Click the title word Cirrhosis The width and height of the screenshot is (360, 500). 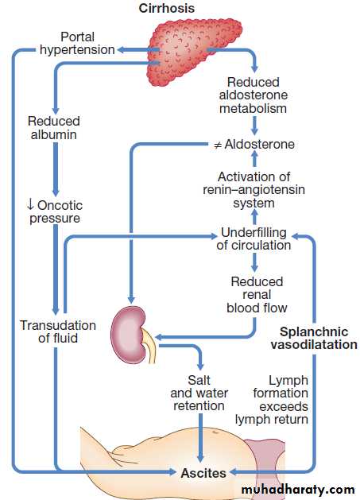click(166, 8)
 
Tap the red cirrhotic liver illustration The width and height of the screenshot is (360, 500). click(194, 51)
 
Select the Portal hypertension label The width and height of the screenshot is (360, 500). click(77, 44)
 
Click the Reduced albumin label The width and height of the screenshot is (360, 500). click(53, 127)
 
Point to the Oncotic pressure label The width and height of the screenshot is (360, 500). click(55, 211)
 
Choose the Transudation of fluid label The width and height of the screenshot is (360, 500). click(58, 331)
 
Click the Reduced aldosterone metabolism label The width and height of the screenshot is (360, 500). click(254, 95)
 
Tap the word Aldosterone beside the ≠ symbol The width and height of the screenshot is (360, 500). click(260, 144)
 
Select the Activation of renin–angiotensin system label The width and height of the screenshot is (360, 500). click(254, 190)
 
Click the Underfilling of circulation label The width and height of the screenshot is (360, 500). click(254, 238)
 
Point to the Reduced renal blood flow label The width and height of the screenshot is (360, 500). click(257, 295)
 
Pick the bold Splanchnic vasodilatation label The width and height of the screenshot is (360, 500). click(314, 338)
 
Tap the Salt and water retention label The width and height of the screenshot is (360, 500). click(199, 393)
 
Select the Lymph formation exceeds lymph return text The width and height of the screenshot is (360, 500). click(272, 400)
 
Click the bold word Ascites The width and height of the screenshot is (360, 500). click(203, 473)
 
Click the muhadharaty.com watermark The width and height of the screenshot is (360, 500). click(298, 490)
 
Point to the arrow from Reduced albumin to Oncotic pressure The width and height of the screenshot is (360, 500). click(56, 169)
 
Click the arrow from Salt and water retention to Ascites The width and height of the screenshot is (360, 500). click(200, 438)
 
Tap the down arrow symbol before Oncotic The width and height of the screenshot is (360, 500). click(30, 205)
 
